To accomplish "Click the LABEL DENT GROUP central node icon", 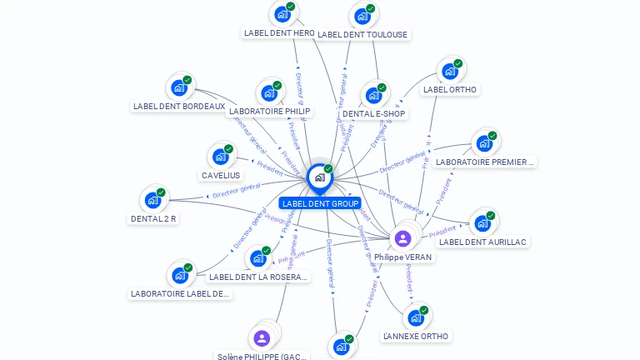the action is (319, 177).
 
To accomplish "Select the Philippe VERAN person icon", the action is (402, 239).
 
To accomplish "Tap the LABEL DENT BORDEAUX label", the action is (179, 107).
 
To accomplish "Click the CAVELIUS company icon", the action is (220, 156).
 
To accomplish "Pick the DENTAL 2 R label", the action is (153, 218).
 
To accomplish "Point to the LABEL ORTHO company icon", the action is (450, 72).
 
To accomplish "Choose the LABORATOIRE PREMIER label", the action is (484, 162).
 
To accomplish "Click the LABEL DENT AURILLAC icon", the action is (482, 222).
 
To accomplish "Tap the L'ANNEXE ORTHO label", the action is (415, 336).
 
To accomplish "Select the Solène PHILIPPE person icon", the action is (262, 337).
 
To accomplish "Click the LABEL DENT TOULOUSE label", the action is (362, 34).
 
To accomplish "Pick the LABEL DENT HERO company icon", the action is (282, 14).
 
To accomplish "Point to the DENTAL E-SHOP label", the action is (373, 113).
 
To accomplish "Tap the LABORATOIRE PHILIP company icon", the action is (269, 92).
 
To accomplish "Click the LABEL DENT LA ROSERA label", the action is (258, 277).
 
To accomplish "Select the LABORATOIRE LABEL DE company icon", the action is (179, 275).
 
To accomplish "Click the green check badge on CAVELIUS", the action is (229, 148).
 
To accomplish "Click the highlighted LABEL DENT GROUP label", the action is (320, 203).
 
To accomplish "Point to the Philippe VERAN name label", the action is (402, 257).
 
